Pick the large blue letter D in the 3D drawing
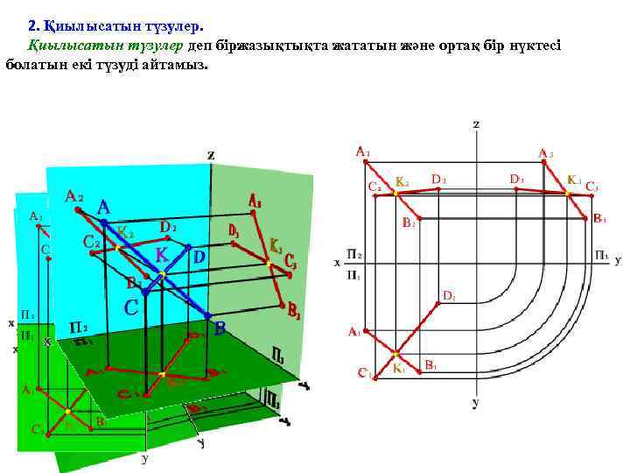click(199, 258)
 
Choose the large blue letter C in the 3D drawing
click(131, 307)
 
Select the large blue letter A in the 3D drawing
click(103, 208)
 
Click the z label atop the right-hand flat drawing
click(476, 124)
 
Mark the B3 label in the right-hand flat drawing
click(600, 218)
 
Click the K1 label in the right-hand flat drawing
click(399, 369)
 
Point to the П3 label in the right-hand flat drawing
click(602, 256)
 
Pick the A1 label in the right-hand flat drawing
click(354, 332)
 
